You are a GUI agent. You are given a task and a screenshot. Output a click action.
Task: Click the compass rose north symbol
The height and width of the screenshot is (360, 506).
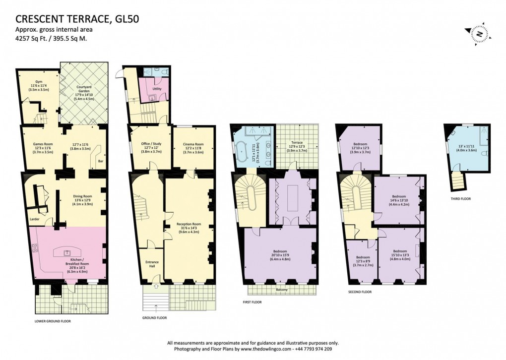point(480,33)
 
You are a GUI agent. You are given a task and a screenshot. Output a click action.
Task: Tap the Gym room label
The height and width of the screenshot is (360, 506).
point(39,82)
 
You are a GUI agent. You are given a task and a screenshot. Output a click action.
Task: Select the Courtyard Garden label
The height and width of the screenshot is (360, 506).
point(83,90)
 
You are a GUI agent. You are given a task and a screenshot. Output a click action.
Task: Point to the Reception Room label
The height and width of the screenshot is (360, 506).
point(189,224)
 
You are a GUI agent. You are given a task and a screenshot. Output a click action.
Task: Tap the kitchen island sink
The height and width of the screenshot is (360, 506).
point(67,252)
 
